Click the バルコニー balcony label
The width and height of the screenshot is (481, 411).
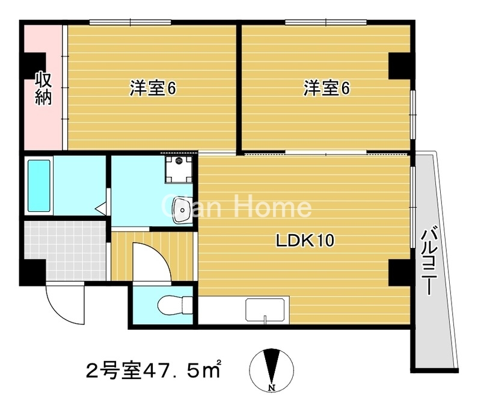pos(429,260)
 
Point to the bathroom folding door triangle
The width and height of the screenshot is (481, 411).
pos(101,209)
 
